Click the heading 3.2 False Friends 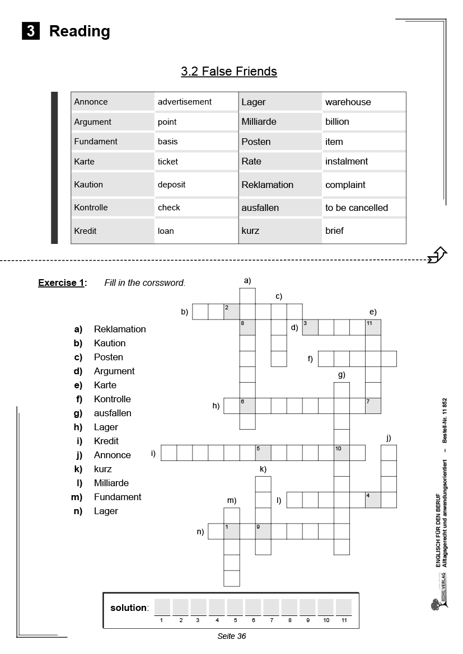coord(228,72)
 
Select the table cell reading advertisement coord(185,102)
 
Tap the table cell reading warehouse coord(348,102)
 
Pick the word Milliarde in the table coord(259,121)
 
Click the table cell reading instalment coord(347,161)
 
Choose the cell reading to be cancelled coord(357,208)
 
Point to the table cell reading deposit coord(171,184)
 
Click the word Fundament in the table coord(96,142)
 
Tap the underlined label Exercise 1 coord(62,283)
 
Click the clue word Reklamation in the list coord(120,329)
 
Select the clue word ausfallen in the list coord(113,413)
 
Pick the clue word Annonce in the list coord(112,455)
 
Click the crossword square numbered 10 coord(342,453)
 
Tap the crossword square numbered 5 coord(263,453)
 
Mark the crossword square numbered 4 coord(373,500)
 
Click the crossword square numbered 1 coord(232,531)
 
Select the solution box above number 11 coord(343,607)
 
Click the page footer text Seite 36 coord(232,636)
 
